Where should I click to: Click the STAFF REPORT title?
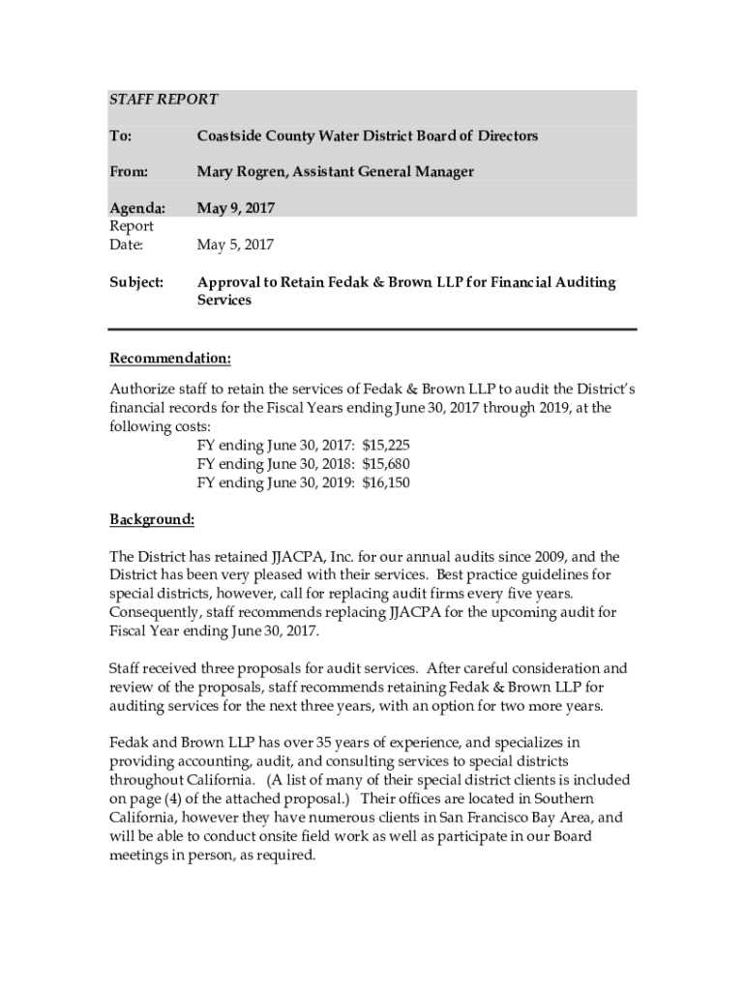point(163,100)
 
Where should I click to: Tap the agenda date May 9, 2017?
point(235,208)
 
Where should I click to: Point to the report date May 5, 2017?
point(235,246)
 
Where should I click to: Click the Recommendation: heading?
point(169,360)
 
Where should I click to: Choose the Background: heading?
point(152,519)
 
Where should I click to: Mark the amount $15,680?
point(386,463)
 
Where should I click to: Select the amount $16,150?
point(386,482)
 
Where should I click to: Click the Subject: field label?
point(136,283)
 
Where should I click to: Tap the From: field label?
point(129,172)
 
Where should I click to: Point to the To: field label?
point(120,136)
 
